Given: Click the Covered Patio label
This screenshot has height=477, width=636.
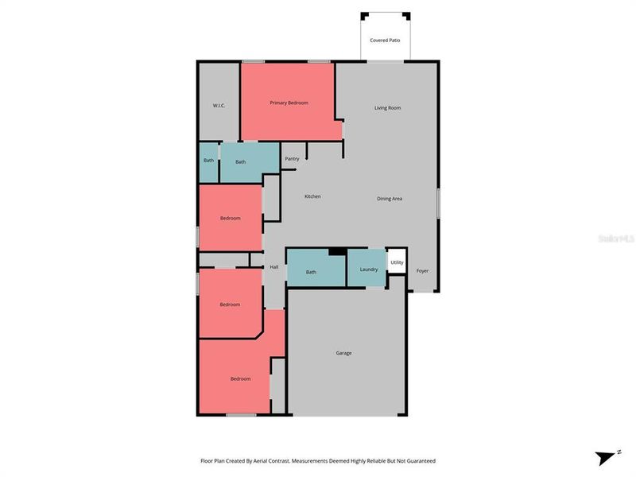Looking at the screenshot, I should click(385, 40).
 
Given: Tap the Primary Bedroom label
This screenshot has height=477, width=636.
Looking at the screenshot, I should click(289, 103).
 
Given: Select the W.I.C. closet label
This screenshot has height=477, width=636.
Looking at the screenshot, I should click(220, 106).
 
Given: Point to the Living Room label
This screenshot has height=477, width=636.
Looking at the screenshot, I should click(387, 108).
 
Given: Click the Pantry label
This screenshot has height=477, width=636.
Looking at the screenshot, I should click(292, 158).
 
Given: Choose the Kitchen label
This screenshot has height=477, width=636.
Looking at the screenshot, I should click(312, 196).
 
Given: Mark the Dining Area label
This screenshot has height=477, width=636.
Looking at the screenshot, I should click(390, 198).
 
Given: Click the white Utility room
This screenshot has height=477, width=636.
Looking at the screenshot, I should click(397, 262).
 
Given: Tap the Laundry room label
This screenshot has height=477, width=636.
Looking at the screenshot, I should click(369, 269).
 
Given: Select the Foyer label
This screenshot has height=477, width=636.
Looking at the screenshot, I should click(422, 271).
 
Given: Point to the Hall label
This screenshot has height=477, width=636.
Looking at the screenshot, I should click(273, 267).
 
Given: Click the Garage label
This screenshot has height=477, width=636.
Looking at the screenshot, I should click(343, 353).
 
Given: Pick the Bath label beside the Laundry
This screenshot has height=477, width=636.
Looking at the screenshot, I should click(311, 273).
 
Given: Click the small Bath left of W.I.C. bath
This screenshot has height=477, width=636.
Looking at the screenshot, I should click(208, 161).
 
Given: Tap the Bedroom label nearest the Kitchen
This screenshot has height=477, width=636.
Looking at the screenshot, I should click(230, 218).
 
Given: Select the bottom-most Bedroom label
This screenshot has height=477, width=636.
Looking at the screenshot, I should click(240, 378).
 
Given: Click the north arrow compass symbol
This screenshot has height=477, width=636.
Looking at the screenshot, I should click(607, 457).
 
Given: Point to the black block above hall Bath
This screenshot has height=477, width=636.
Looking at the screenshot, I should click(337, 252).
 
